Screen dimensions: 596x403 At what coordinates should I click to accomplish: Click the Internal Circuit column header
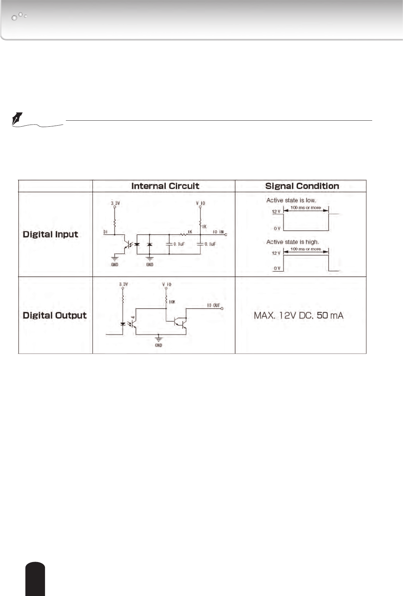click(x=165, y=186)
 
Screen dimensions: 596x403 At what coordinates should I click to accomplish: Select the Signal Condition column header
click(x=302, y=186)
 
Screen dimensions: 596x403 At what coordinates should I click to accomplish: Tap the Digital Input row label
click(x=50, y=234)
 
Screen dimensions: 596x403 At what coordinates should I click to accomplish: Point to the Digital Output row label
click(x=55, y=315)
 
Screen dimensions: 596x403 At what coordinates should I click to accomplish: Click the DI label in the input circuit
click(x=105, y=232)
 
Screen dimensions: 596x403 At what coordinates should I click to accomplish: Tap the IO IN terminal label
click(x=218, y=232)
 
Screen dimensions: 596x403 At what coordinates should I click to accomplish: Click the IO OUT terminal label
click(x=213, y=305)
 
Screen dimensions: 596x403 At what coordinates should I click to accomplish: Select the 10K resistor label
click(x=172, y=302)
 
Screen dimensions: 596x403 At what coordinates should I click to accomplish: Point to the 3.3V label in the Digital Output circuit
click(x=123, y=284)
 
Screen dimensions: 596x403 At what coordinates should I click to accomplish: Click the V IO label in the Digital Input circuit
click(x=200, y=203)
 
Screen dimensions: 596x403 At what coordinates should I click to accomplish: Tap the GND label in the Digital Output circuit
click(x=158, y=345)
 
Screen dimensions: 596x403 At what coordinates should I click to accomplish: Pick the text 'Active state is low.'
click(x=291, y=200)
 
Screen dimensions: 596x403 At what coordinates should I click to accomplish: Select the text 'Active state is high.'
click(x=293, y=242)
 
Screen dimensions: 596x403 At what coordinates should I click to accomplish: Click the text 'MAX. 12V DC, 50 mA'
click(x=299, y=315)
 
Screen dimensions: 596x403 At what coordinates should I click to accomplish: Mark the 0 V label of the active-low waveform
click(x=277, y=229)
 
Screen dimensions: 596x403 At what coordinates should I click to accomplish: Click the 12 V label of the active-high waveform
click(x=276, y=253)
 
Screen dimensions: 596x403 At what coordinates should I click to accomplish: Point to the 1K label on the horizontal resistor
click(x=190, y=232)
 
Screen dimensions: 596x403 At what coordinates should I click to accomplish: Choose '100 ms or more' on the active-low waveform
click(x=306, y=208)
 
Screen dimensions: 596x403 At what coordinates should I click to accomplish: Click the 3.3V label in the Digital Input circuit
click(x=115, y=204)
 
